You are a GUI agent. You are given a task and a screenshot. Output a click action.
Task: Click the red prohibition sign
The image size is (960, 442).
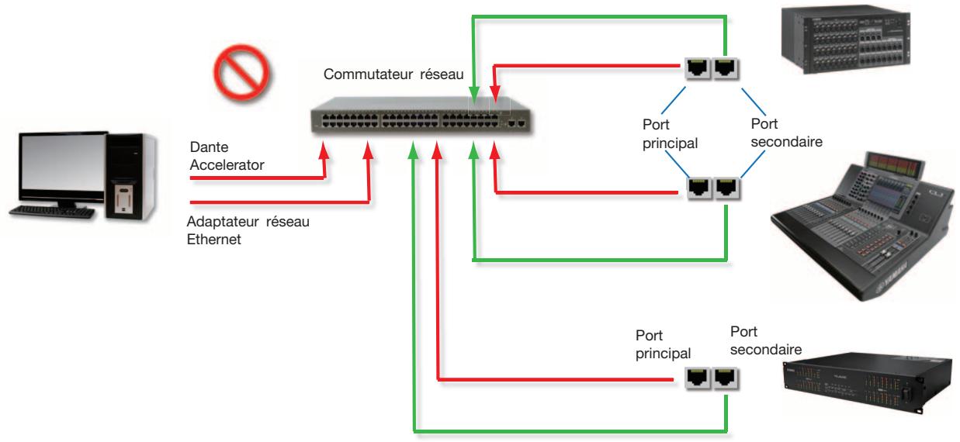click(241, 73)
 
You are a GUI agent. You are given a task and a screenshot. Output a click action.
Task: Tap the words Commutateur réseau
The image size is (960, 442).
click(393, 74)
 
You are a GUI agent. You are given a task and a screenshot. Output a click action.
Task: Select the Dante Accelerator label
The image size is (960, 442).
click(227, 156)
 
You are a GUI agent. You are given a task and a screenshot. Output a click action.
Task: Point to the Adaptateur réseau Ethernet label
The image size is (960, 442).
click(248, 230)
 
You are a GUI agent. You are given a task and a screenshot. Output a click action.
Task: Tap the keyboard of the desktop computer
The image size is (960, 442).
click(52, 212)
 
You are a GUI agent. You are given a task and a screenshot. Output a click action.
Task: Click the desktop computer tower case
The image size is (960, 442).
click(130, 177)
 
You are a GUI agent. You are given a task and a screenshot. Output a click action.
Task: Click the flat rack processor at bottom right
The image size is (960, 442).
click(868, 382)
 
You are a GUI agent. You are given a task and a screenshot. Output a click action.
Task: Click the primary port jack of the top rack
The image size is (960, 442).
click(697, 68)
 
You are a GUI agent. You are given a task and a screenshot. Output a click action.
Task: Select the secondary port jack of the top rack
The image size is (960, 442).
click(725, 68)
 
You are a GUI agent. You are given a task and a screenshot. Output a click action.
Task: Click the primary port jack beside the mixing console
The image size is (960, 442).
click(699, 188)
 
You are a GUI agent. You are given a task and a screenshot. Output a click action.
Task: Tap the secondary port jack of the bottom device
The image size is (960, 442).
click(724, 378)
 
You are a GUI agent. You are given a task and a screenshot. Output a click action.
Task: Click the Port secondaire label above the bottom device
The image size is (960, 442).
click(766, 340)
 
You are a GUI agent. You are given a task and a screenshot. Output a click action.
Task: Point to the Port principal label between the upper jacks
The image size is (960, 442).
click(670, 133)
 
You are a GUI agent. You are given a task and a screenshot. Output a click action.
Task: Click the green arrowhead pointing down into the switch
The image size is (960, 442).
click(474, 94)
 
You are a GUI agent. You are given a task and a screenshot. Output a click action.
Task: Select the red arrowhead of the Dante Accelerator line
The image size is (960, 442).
click(324, 151)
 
